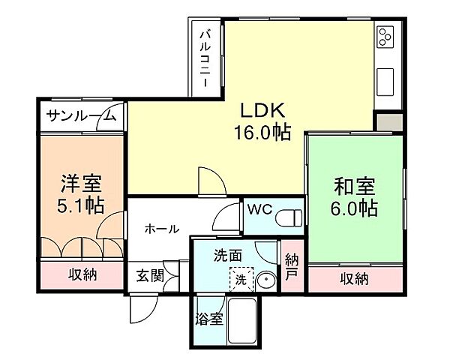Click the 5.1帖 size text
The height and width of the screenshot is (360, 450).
point(82,205)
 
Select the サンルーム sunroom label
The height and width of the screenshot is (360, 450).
point(80,115)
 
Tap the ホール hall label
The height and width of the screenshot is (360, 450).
point(162,229)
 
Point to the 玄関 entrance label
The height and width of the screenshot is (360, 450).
point(149,275)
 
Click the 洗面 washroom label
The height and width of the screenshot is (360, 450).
point(227,256)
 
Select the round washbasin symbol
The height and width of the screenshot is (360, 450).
point(266,280)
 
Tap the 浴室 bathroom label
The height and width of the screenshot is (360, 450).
point(209,319)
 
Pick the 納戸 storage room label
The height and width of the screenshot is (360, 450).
point(292,268)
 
